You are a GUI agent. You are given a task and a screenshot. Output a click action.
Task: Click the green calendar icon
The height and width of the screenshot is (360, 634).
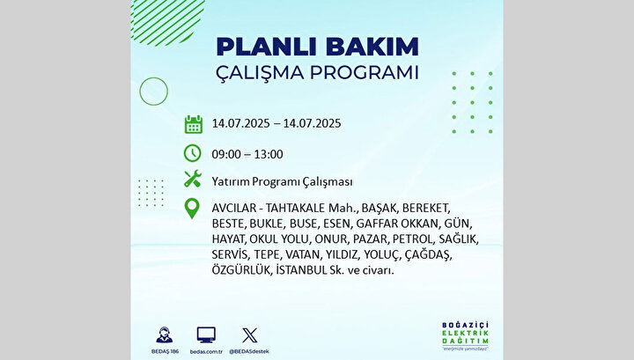pos(193,124)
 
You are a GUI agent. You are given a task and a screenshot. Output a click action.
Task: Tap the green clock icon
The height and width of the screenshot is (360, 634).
pos(193,153)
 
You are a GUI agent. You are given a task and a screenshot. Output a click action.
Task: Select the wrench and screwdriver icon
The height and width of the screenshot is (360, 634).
pos(193,179)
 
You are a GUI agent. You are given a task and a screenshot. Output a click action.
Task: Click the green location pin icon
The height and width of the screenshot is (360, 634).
pos(192,209)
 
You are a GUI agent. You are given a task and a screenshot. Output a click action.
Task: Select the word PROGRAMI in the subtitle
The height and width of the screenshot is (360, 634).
pos(365,73)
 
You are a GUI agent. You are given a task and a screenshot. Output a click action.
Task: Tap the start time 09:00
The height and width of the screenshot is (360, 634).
pos(226,154)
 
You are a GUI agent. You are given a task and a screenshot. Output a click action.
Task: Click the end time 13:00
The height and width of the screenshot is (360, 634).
pos(269,154)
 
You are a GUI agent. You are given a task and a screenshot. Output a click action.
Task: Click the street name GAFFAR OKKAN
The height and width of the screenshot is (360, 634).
pos(397,224)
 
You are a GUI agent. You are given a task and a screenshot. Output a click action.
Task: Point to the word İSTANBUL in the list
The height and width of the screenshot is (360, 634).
pos(301,269)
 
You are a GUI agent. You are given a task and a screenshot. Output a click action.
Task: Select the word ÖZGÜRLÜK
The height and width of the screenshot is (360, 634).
pos(241,269)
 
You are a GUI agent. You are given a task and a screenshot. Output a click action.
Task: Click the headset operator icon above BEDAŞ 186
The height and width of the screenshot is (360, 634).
pos(164,335)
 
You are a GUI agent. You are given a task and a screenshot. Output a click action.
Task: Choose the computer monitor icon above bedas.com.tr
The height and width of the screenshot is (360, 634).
pos(206,335)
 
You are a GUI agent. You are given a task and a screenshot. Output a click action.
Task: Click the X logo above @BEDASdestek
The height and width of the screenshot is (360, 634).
pos(249,335)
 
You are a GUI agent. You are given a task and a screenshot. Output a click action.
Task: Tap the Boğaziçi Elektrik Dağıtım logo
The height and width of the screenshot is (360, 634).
pos(465,335)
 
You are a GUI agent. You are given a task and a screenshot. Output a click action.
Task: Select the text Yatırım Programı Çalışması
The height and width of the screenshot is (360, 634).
pos(283,182)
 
